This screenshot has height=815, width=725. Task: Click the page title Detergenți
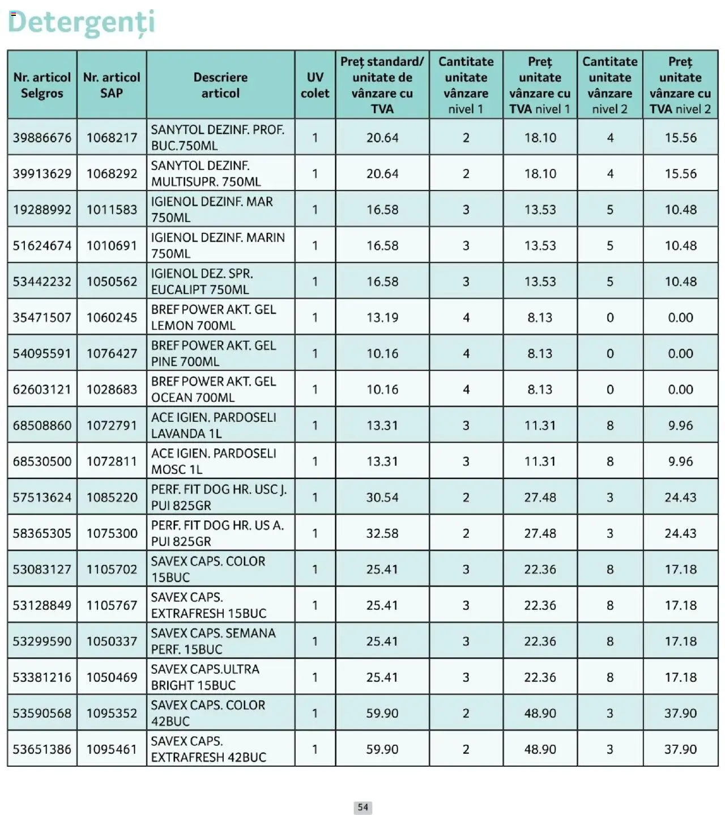coord(81,23)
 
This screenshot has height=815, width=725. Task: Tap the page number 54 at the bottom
coord(363,807)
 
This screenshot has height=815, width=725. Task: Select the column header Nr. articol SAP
coord(112,85)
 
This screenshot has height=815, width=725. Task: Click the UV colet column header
coord(315,85)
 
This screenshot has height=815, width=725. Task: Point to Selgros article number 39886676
coord(42,138)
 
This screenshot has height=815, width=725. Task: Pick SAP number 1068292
coord(112,173)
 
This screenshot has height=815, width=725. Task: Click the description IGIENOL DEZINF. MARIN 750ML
coord(217,245)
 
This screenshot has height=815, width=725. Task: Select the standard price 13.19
coord(382,317)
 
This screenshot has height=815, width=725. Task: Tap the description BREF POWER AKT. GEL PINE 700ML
coord(213,353)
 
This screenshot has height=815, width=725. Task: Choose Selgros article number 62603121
coord(42,389)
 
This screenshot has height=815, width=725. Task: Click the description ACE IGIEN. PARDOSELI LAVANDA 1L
coord(213,425)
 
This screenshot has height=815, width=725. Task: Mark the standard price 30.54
coord(382,497)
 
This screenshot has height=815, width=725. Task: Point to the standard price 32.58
coord(382,533)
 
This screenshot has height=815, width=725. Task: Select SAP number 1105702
coord(112,569)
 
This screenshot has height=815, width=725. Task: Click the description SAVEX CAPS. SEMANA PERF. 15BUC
coord(213,641)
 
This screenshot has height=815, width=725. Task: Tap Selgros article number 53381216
coord(42,677)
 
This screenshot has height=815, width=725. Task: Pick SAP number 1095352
coord(112,713)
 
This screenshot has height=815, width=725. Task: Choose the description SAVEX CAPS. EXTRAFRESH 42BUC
coord(208,749)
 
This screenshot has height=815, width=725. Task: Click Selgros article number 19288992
coord(42,210)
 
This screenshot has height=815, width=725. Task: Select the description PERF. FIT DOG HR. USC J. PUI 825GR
coord(219,497)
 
